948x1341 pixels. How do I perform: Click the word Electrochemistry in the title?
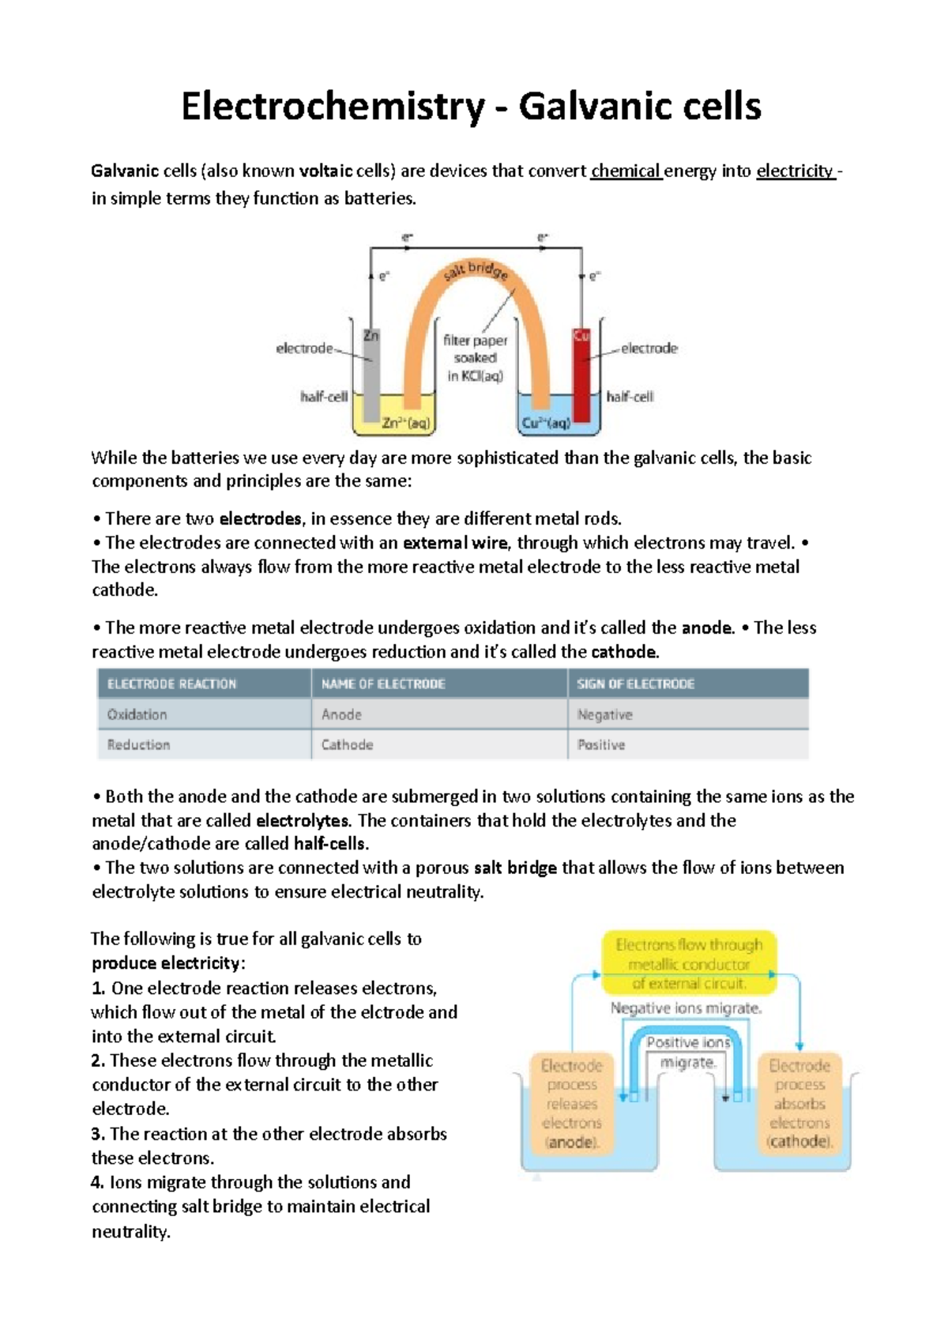(333, 107)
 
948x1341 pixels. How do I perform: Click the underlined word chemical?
(625, 171)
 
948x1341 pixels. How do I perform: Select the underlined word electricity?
(794, 171)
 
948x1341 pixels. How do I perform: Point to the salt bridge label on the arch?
(475, 271)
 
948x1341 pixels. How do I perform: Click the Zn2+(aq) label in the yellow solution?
(406, 423)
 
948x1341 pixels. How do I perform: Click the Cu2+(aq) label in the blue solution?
(545, 423)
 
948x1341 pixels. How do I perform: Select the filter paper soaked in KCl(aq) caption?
(475, 358)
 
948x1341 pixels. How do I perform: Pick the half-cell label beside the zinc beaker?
(324, 397)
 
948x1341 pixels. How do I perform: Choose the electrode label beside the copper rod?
(649, 348)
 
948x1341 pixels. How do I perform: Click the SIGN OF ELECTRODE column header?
(635, 684)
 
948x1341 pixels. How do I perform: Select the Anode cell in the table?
(341, 714)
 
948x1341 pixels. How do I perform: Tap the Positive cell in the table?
(600, 744)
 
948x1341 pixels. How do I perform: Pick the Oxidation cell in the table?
(137, 714)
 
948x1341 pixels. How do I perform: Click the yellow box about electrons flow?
(689, 963)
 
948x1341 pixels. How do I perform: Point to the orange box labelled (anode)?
(571, 1103)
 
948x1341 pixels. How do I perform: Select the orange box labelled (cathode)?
(799, 1103)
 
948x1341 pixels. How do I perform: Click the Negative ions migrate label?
(686, 1008)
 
